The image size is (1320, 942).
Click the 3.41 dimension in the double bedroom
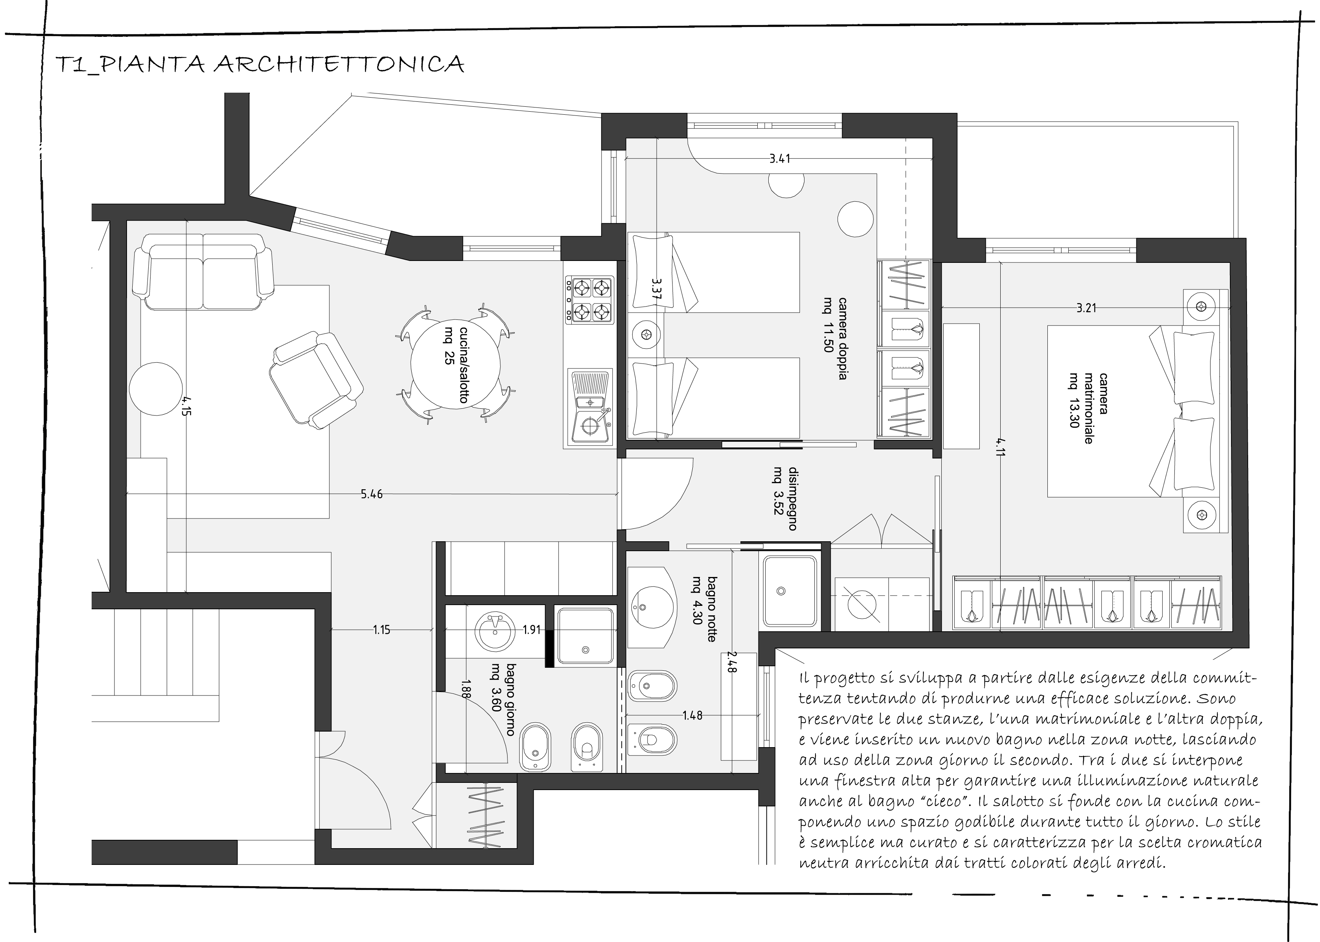coord(780,158)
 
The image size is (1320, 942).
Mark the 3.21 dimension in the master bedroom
coord(1086,308)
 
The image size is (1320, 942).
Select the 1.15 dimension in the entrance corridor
coord(381,630)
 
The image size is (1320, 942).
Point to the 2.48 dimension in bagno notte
coord(731,662)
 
